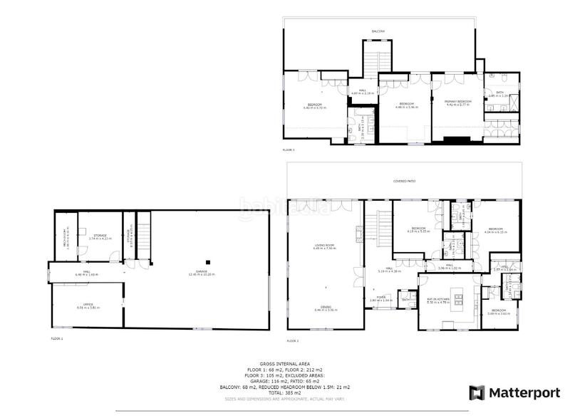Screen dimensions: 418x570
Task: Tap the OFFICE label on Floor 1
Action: (x=88, y=305)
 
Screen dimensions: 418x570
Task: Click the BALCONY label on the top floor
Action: (x=377, y=31)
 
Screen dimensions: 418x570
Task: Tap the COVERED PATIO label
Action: (x=404, y=182)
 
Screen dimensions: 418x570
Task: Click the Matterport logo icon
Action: (x=475, y=392)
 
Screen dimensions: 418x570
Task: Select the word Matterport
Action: (x=522, y=392)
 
